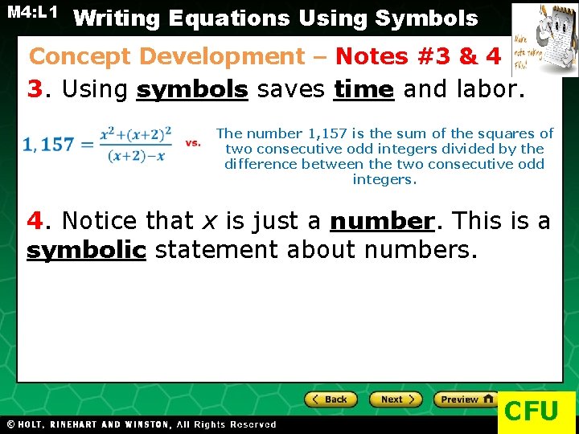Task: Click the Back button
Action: click(331, 399)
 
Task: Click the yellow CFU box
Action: click(532, 411)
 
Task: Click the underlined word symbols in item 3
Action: click(192, 89)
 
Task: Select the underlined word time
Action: click(363, 89)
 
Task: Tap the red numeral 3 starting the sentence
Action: click(34, 89)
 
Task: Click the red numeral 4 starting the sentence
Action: click(34, 221)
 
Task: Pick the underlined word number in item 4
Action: click(382, 221)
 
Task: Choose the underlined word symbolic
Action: click(86, 251)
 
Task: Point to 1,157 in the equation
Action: click(47, 145)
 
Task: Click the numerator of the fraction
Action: click(136, 133)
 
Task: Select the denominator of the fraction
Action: click(136, 156)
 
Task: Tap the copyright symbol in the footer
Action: click(11, 424)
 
